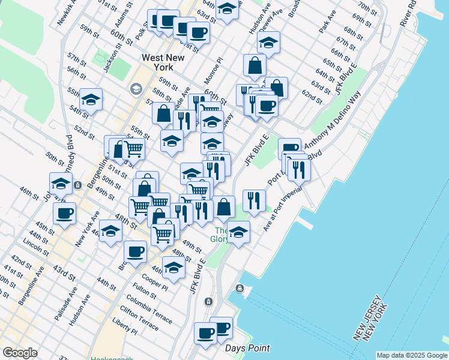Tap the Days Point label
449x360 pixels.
[247, 348]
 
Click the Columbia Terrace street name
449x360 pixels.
[152, 307]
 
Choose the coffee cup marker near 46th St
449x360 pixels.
[64, 212]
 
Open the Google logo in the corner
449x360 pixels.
[20, 353]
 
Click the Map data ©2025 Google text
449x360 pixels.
[411, 355]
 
